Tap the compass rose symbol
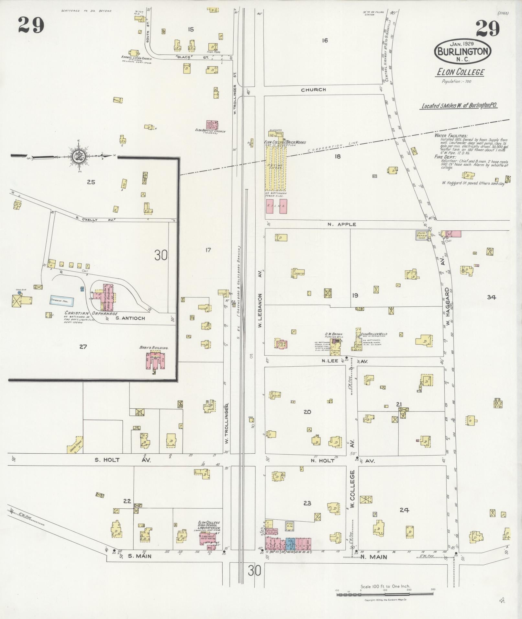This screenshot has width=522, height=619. click(x=78, y=156)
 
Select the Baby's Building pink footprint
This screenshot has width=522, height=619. click(x=156, y=360)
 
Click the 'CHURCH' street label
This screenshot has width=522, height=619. click(x=313, y=90)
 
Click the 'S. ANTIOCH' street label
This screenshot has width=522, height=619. click(x=130, y=318)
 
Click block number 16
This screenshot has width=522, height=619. click(x=325, y=40)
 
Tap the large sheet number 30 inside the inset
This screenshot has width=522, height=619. click(x=161, y=256)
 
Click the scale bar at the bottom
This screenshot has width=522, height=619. click(x=385, y=595)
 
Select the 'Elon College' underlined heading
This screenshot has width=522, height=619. click(x=460, y=72)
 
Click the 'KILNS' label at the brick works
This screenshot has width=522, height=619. click(x=277, y=205)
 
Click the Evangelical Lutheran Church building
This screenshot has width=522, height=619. click(x=134, y=52)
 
